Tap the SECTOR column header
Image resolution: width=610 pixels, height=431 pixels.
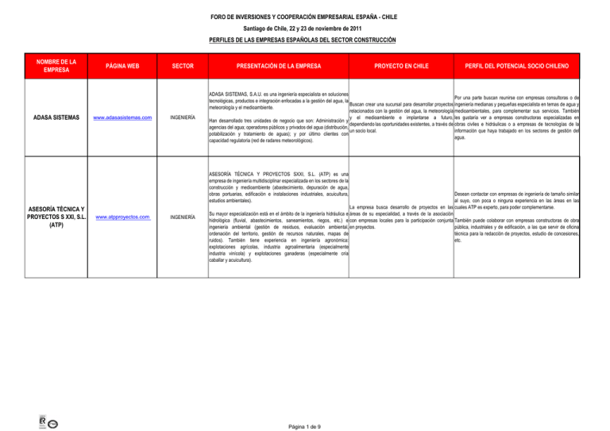pos(185,66)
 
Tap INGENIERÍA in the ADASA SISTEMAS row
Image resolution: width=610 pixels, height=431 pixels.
pos(185,117)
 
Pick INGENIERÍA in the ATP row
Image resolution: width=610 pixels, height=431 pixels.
pos(185,216)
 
